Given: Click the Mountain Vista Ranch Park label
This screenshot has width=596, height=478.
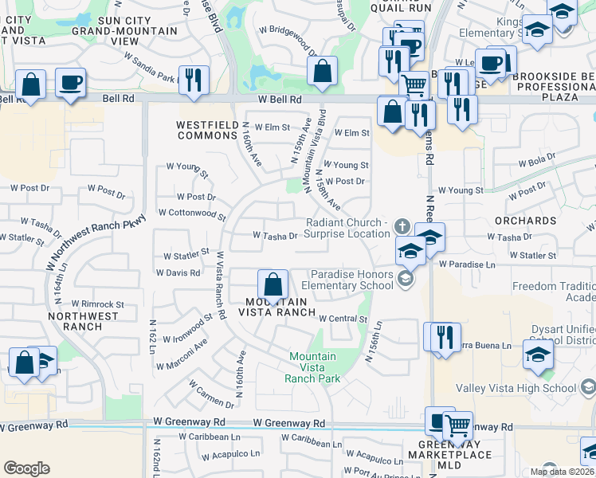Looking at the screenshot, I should (312, 367).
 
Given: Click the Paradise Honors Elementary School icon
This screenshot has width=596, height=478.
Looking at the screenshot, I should (406, 278).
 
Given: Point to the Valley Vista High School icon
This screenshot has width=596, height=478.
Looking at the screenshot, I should (588, 388).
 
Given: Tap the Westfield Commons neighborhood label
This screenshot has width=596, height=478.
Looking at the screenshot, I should (207, 130).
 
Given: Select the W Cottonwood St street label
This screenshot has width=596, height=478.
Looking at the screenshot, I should (192, 214).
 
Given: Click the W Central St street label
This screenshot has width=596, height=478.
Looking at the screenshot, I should (343, 319).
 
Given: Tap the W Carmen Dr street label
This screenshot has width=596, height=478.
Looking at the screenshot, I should (211, 392).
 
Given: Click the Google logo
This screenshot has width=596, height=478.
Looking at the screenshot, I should (26, 468).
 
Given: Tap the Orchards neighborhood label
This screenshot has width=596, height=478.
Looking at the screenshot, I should (524, 221).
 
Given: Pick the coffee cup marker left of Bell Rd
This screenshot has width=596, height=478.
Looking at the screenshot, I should (70, 83).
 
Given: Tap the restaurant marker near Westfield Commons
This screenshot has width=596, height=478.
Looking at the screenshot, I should (194, 80).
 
